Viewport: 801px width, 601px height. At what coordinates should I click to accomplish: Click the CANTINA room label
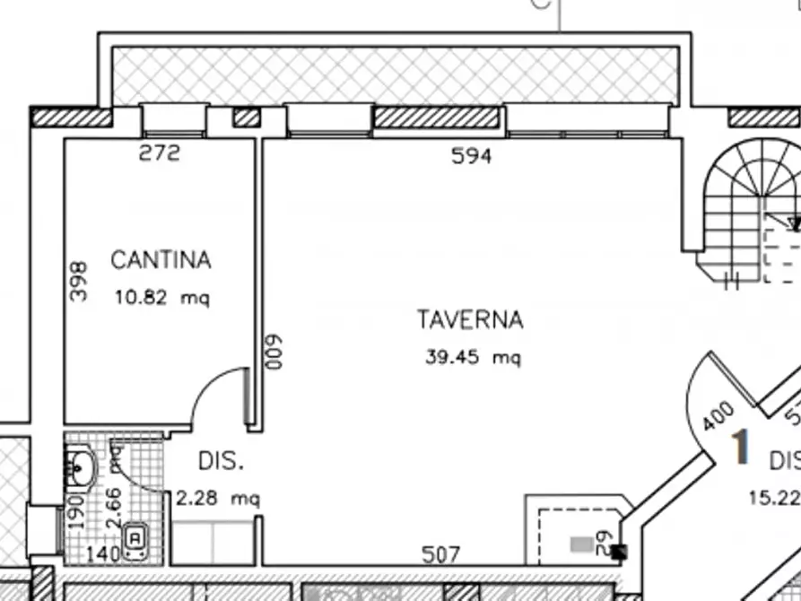[x=161, y=260]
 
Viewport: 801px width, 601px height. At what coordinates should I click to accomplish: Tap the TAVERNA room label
[x=469, y=319]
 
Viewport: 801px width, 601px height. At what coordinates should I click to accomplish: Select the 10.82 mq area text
[x=161, y=298]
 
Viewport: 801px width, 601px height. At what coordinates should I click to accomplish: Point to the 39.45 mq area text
[x=472, y=357]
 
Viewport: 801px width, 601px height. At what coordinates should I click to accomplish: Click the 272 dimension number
[x=160, y=153]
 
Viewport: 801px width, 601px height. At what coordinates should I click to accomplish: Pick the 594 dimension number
[x=472, y=156]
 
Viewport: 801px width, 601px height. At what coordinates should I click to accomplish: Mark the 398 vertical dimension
[x=78, y=281]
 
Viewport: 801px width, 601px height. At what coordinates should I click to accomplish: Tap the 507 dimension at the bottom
[x=440, y=554]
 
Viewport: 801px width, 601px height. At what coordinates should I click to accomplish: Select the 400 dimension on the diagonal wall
[x=718, y=417]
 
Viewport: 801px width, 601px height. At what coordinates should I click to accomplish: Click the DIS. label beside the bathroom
[x=221, y=462]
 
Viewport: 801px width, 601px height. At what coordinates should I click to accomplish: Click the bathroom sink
[x=83, y=466]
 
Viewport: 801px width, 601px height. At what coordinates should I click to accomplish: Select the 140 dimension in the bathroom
[x=104, y=554]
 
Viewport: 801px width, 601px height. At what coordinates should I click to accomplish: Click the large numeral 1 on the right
[x=740, y=449]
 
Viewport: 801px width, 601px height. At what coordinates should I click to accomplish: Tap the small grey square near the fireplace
[x=582, y=543]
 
